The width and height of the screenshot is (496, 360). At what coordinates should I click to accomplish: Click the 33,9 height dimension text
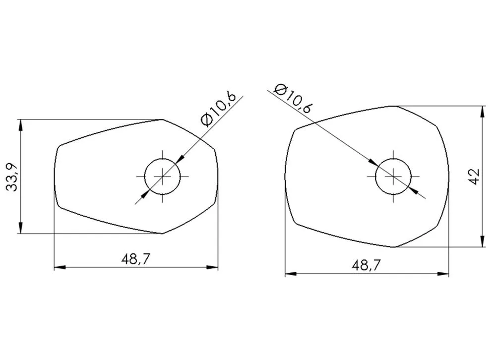tap(12, 176)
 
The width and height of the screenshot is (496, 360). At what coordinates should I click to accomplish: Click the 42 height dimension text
tap(474, 176)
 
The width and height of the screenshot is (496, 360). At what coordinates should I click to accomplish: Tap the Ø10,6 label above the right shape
tap(294, 99)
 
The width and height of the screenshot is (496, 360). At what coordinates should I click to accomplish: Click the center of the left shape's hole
tap(162, 176)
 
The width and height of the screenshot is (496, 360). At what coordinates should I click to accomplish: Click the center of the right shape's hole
tap(393, 176)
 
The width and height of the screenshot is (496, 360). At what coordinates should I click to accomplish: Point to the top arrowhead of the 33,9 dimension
tap(20, 123)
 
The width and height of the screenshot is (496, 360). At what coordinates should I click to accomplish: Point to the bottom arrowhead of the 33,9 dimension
tap(20, 229)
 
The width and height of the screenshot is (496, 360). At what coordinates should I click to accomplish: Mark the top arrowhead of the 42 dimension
tap(483, 110)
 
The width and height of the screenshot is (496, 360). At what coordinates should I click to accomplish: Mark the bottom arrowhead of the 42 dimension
tap(483, 242)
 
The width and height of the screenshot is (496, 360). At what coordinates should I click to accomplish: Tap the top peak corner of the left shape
tap(162, 120)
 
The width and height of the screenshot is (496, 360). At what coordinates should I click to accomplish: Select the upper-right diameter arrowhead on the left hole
tap(180, 159)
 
